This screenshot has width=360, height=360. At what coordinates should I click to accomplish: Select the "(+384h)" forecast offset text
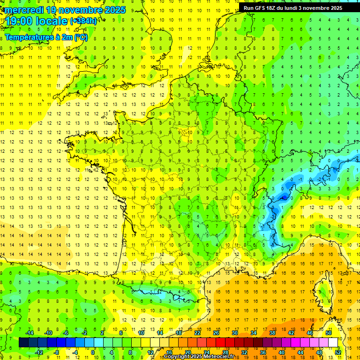click(x=83, y=21)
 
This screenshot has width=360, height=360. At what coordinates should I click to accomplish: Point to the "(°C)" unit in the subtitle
click(x=81, y=37)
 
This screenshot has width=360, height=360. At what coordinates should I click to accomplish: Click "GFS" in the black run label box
click(x=263, y=8)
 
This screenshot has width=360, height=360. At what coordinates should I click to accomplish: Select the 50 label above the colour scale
click(x=328, y=333)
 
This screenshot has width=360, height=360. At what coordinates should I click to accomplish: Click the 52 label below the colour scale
click(x=338, y=352)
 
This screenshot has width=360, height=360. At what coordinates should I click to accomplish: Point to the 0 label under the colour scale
click(x=93, y=352)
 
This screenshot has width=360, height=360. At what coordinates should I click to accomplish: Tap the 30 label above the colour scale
click(x=235, y=333)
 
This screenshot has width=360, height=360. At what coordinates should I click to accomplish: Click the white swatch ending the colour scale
click(x=333, y=343)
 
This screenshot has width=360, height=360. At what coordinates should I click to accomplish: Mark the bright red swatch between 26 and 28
click(x=221, y=343)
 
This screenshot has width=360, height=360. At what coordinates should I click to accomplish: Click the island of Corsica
click(x=322, y=291)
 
